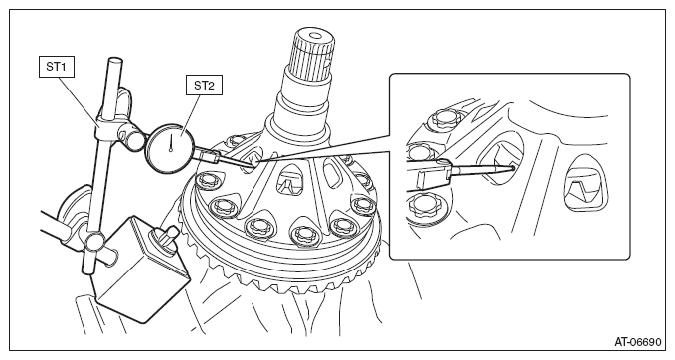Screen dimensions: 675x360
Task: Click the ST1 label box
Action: [x=57, y=67]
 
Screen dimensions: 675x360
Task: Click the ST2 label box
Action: [x=204, y=86]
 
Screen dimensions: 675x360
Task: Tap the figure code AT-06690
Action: [x=637, y=343]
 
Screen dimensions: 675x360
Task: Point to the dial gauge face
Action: [x=171, y=148]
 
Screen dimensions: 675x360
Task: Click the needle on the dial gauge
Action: [x=171, y=143]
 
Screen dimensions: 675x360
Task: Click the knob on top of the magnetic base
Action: [x=165, y=237]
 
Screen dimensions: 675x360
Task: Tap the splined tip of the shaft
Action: [x=312, y=51]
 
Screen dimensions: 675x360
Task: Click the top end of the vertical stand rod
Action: [x=115, y=61]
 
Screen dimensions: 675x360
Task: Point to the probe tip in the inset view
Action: [x=512, y=167]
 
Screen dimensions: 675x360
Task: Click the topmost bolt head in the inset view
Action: [x=445, y=117]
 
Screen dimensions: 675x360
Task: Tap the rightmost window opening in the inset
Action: [x=586, y=183]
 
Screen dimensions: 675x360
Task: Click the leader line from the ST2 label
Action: [x=190, y=115]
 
